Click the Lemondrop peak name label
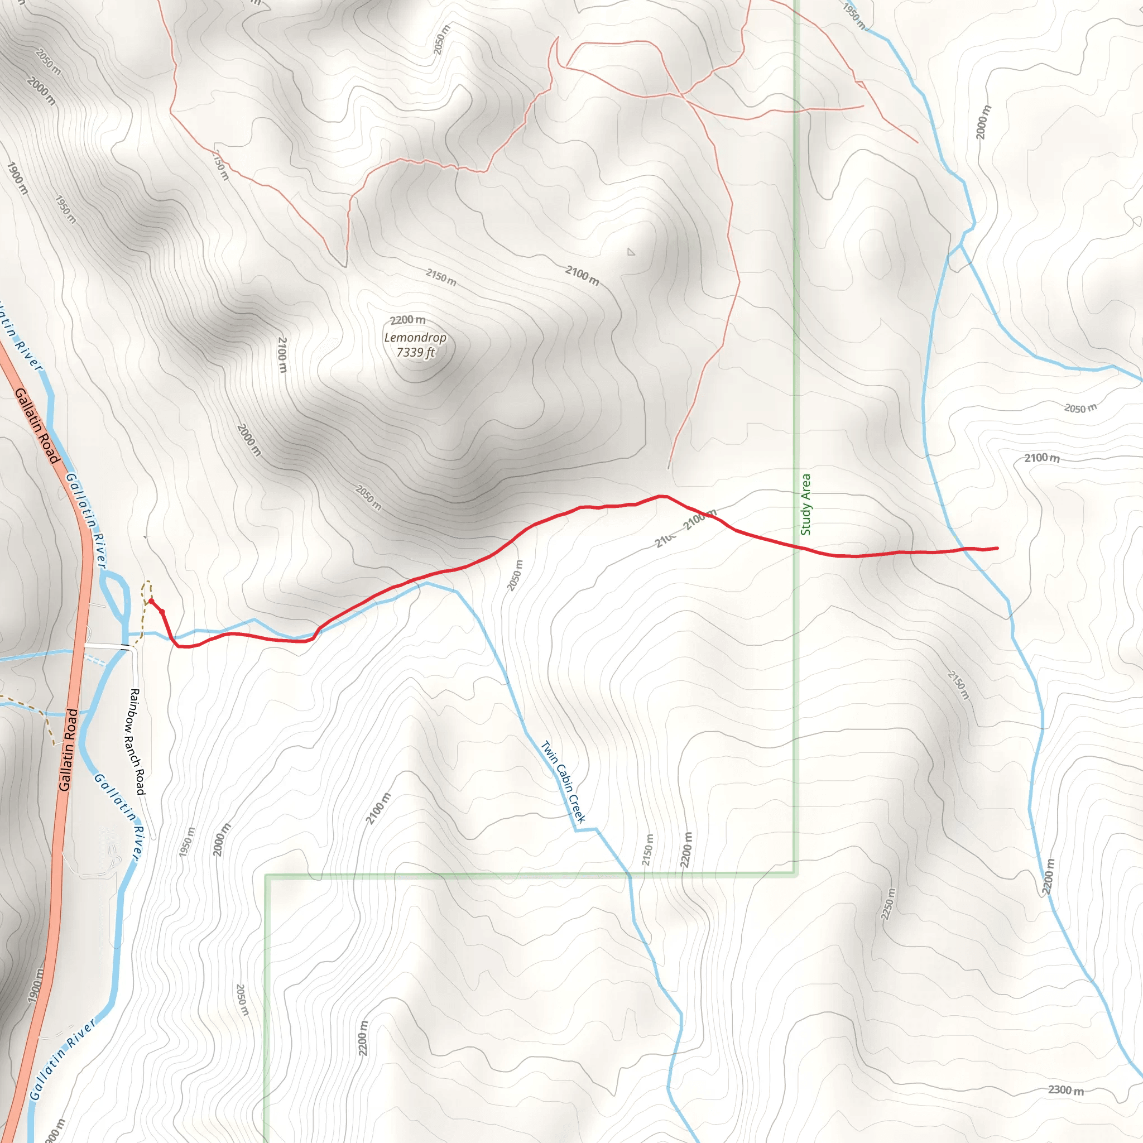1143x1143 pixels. point(415,338)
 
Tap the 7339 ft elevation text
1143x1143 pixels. point(415,353)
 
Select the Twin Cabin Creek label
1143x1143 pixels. point(563,781)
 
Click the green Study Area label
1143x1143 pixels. point(805,505)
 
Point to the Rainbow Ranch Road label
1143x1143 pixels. point(136,741)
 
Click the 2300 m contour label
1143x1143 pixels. point(1065,1090)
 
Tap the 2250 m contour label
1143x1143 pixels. point(888,904)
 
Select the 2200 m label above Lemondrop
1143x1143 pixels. point(407,320)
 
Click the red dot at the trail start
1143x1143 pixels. point(151,601)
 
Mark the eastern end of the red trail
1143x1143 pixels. point(997,549)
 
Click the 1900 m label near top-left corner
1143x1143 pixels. point(17,178)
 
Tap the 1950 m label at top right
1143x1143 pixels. point(854,17)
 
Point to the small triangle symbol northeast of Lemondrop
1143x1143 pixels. point(631,252)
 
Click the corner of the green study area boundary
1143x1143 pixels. point(796,873)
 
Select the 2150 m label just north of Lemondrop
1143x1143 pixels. point(441,277)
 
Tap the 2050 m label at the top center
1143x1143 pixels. point(441,40)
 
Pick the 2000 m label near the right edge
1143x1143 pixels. point(982,122)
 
